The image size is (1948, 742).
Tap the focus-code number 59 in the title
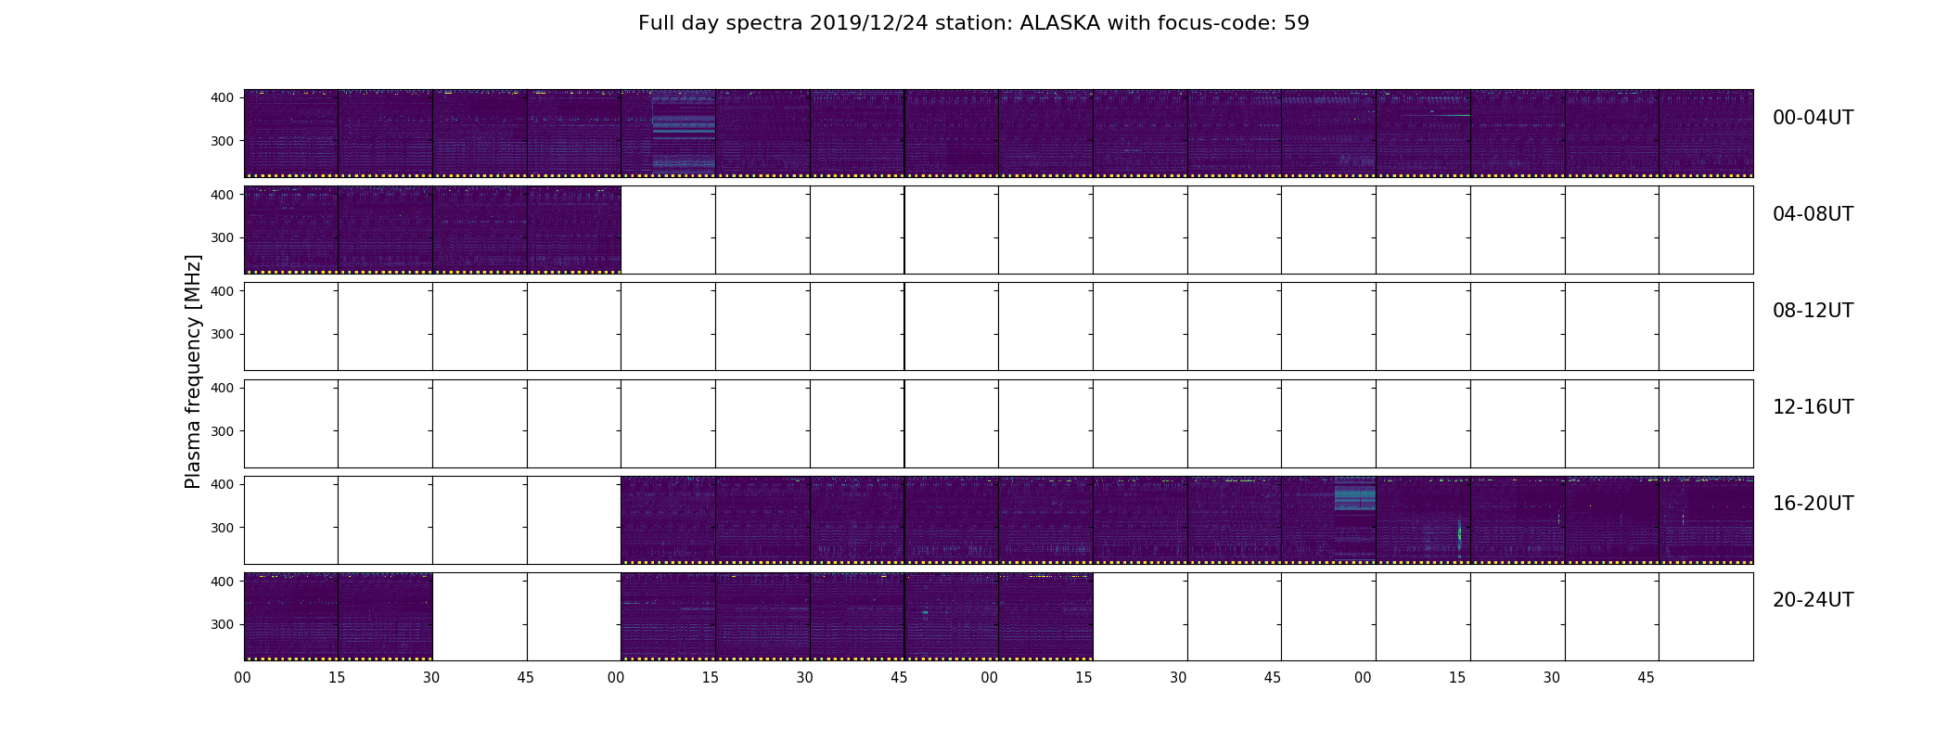point(1297,23)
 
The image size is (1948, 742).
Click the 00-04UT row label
point(1813,118)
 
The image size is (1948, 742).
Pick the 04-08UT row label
point(1813,214)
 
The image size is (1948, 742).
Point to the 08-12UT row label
point(1813,311)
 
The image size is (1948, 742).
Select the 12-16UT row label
point(1813,407)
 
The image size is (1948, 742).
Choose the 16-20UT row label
point(1813,504)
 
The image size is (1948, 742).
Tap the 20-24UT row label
point(1813,600)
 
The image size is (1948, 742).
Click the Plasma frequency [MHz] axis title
point(193,371)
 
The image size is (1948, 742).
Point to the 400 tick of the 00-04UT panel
point(222,97)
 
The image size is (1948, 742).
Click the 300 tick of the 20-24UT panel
point(222,624)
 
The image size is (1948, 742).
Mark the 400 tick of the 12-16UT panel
point(222,388)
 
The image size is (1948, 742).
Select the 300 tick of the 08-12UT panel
point(222,334)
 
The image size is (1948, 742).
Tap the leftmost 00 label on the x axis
point(243,678)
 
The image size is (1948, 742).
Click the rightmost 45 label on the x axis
point(1646,678)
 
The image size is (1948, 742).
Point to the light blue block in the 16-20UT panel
point(1354,498)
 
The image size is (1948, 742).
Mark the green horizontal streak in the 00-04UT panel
point(1449,115)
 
